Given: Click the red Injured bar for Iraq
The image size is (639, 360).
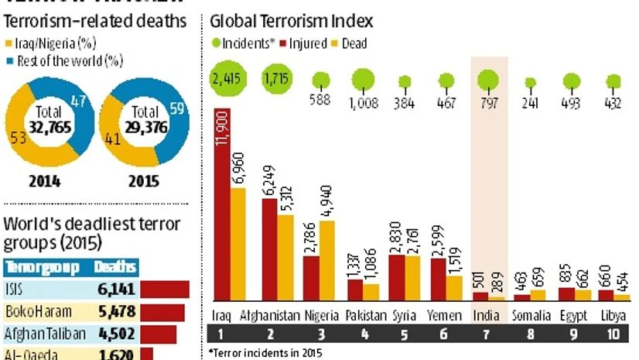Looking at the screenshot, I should coord(223,205).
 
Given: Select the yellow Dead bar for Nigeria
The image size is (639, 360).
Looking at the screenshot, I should coord(328,259).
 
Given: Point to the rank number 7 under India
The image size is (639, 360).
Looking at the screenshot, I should coord(488,335).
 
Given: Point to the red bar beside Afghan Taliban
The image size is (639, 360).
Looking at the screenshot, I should coord(159,334).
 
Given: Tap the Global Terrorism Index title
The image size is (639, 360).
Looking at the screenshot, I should coord(292,22).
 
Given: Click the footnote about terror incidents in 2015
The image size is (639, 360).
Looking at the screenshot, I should coord(263,353).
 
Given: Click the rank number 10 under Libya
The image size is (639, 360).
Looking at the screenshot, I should coord(613,335).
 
